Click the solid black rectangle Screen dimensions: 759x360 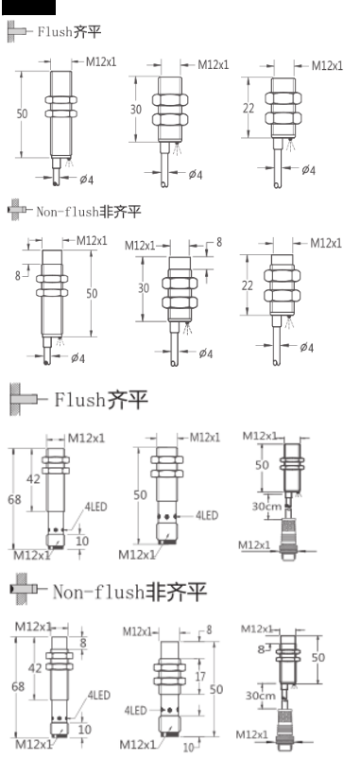[27, 7]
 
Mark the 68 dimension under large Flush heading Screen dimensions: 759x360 [15, 499]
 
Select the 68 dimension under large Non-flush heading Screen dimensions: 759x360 [15, 682]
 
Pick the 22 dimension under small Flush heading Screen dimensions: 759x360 [249, 109]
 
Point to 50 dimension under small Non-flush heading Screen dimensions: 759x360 [93, 294]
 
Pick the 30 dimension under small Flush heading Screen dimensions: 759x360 [136, 110]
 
